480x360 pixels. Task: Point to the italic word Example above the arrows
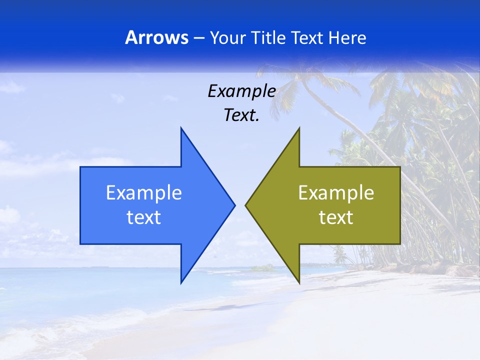point(241,91)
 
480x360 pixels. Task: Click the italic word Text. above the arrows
point(241,115)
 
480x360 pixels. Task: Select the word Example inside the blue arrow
point(143,193)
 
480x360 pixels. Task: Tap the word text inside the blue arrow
point(143,217)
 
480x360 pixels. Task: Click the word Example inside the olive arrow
point(336,193)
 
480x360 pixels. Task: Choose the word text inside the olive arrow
point(336,217)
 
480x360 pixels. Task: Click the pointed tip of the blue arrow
point(234,205)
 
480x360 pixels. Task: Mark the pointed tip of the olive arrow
point(245,205)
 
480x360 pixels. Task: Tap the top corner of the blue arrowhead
point(181,128)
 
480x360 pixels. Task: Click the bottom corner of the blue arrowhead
point(181,282)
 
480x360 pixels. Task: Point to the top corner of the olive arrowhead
point(299,128)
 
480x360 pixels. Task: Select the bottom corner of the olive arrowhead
point(299,282)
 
